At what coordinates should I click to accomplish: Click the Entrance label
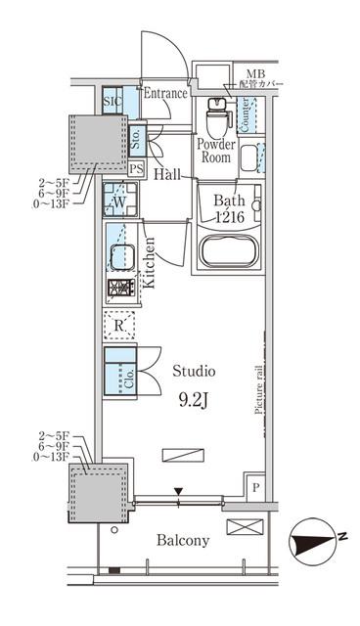click(165, 95)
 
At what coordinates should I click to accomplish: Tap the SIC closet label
click(112, 100)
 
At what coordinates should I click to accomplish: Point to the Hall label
click(166, 175)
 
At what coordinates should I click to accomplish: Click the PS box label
click(137, 168)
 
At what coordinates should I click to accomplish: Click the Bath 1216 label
click(232, 210)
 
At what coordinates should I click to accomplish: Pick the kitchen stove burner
click(120, 290)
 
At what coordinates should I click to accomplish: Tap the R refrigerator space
click(119, 324)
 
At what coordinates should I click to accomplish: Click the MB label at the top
click(255, 73)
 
